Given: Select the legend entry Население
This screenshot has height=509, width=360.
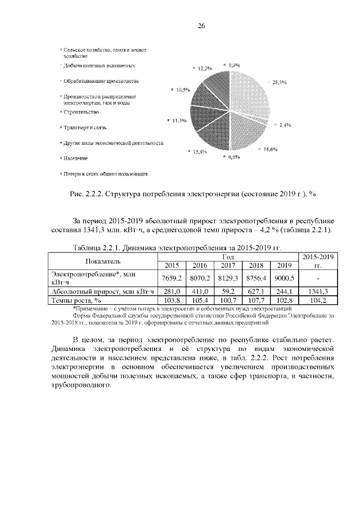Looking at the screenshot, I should pyautogui.click(x=75, y=159).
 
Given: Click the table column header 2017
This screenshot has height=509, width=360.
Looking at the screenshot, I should pyautogui.click(x=228, y=265).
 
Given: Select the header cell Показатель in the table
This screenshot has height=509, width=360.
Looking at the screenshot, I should pyautogui.click(x=102, y=261).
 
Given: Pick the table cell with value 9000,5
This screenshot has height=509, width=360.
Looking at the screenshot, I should pyautogui.click(x=283, y=278).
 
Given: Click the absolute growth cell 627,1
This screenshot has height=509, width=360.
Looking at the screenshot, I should pyautogui.click(x=255, y=291).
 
